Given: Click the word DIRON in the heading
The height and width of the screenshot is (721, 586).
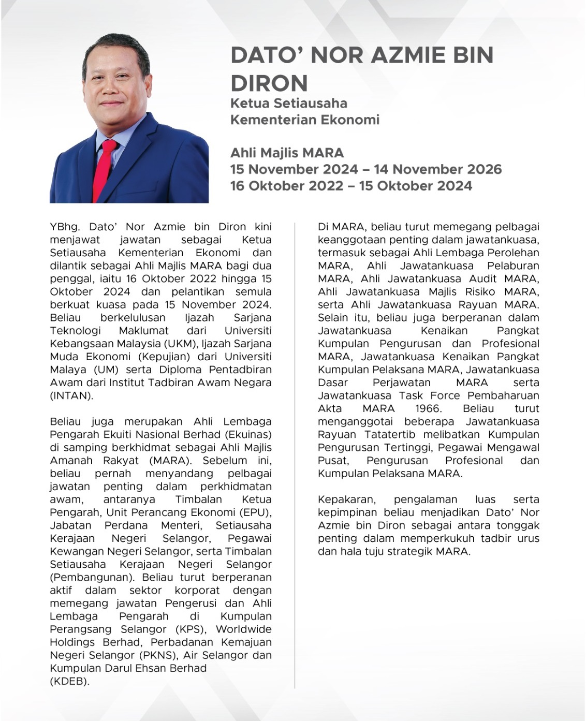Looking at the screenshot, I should tap(269, 83).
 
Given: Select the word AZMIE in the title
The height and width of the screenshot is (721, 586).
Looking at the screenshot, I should tap(402, 55).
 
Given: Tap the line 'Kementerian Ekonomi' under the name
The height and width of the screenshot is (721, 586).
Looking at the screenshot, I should tap(305, 120).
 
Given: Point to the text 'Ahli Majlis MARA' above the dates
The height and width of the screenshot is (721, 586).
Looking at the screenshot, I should tap(287, 153).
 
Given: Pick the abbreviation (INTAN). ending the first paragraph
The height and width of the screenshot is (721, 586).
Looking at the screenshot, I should tap(71, 395).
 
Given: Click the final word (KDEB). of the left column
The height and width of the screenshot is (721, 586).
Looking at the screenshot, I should tap(69, 681).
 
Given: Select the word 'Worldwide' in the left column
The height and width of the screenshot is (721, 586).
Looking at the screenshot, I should tap(243, 629).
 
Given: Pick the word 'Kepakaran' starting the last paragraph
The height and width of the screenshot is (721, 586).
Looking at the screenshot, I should tap(346, 499).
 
